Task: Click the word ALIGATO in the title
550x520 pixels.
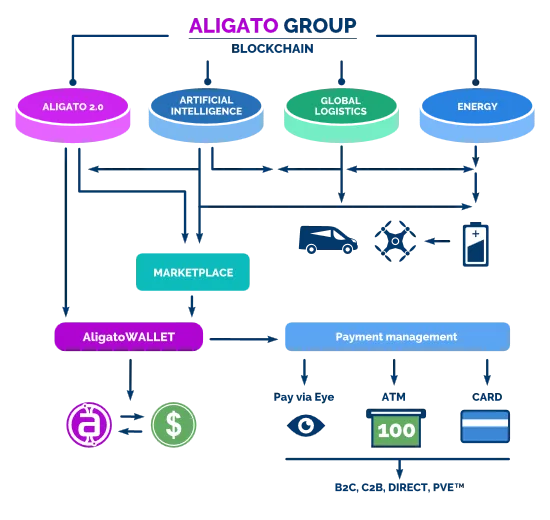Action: pos(233,26)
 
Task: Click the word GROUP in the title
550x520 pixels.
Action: pos(320,26)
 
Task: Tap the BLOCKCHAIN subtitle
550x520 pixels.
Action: pos(273,48)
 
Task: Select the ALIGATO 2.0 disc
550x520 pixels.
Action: pos(73,115)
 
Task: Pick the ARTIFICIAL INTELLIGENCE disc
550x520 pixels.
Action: pos(206,115)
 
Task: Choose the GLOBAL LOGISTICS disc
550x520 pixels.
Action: pos(341,115)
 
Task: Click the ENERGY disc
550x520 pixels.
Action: pos(477,115)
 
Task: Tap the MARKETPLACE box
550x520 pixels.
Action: pos(193,272)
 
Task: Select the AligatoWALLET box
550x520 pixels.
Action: pos(129,337)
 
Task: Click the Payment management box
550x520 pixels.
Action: pos(397,337)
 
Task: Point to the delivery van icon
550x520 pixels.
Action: pos(328,240)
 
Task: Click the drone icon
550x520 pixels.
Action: pos(395,241)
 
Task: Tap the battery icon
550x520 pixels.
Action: pos(476,244)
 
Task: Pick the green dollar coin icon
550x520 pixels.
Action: pos(174,425)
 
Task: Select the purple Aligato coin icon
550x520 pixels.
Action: pos(89,425)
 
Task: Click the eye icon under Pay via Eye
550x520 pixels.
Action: pos(306,426)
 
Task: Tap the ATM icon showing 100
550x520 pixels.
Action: pos(396,428)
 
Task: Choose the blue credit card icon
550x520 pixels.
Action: pos(485,426)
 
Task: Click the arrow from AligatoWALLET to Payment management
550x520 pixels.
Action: pos(244,339)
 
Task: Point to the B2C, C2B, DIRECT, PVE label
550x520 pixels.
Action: pos(400,487)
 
